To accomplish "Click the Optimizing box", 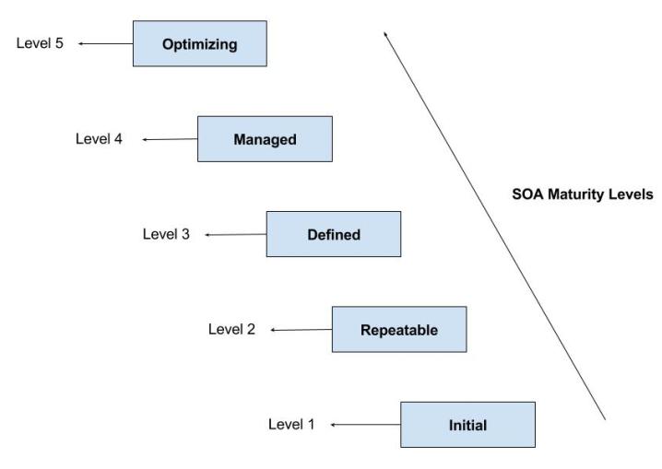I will coord(200,44).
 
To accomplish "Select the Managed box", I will coord(265,139).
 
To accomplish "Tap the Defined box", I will coord(333,234).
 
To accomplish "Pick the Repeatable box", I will coord(399,329).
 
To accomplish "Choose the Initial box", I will coord(467,425).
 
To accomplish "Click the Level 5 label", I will coord(40,42).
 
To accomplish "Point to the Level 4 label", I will coord(99,138).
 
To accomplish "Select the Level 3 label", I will coord(166,234).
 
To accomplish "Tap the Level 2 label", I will coord(231,328).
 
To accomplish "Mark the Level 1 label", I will coord(291,424).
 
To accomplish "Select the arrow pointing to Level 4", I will coord(171,139).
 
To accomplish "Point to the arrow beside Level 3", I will coord(235,235).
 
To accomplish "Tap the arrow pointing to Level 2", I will coord(301,329).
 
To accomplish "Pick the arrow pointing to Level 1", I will coord(365,425).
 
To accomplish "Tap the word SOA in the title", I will coord(526,195).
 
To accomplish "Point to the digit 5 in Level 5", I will coord(59,42).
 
